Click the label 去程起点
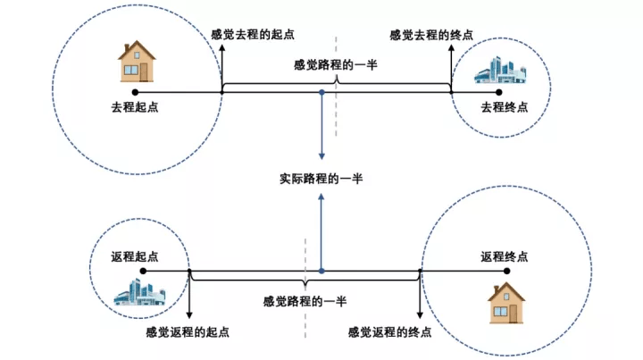click(135, 107)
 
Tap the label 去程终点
click(504, 107)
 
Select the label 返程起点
click(135, 256)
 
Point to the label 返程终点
click(504, 256)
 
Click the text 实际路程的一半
click(321, 179)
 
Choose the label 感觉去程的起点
click(253, 35)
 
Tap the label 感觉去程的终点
click(431, 35)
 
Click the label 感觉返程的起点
click(188, 331)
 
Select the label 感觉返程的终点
click(389, 331)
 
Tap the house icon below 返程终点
click(506, 303)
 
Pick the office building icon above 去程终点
click(500, 71)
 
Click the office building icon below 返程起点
click(140, 292)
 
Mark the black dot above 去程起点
click(135, 92)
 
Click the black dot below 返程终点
click(507, 271)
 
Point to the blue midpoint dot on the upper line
click(321, 93)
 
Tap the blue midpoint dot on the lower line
click(321, 271)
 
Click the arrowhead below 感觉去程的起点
click(222, 47)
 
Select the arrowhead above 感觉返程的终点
click(420, 315)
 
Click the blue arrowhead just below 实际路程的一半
click(321, 197)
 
